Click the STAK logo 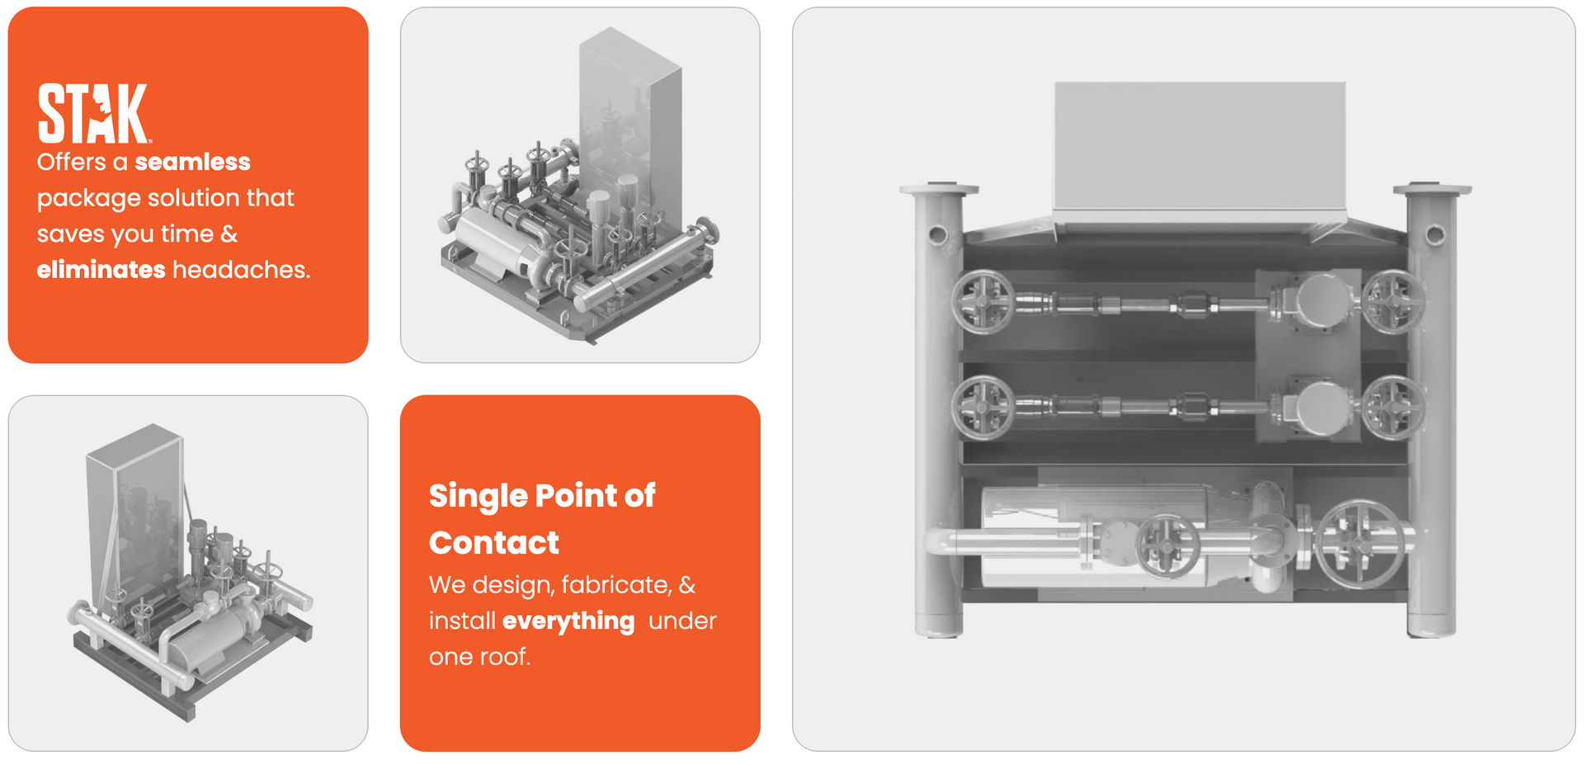coord(93,113)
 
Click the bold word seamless coord(192,162)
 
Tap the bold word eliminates coord(101,270)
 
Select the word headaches coord(242,270)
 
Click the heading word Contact coord(494,543)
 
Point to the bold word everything coord(568,621)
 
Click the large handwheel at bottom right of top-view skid coord(1359,542)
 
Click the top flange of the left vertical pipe coord(939,190)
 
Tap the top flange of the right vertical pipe coord(1432,190)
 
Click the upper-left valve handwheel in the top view coord(983,303)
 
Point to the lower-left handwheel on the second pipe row coord(983,408)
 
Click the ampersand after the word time coord(229,234)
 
